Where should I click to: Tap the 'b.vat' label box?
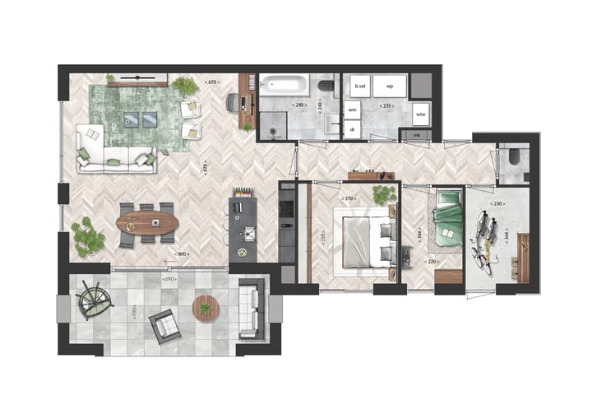coord(358,86)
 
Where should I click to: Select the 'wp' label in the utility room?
coord(390,86)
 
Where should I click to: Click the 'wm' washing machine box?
coord(352,109)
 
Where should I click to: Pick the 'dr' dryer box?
coord(352,130)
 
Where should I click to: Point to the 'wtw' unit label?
coord(420,113)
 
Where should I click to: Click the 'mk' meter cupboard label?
coord(416,134)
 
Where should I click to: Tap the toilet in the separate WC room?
coord(516,156)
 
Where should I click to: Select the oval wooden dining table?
coord(147,223)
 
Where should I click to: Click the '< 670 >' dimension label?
coord(212,82)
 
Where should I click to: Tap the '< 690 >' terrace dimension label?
coord(170,281)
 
